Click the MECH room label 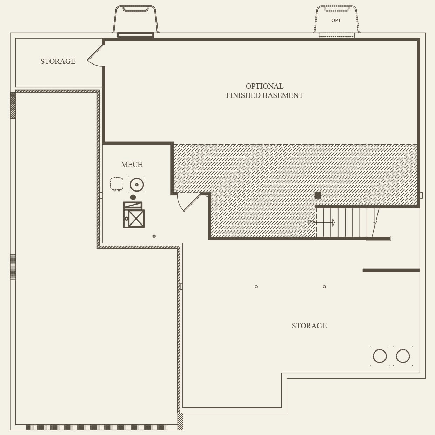pyautogui.click(x=132, y=165)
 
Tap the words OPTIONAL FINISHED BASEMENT pyautogui.click(x=265, y=91)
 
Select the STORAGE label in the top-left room pyautogui.click(x=58, y=61)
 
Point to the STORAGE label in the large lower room pyautogui.click(x=309, y=326)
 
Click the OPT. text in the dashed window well pyautogui.click(x=336, y=21)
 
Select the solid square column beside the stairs pyautogui.click(x=318, y=195)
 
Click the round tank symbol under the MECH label pyautogui.click(x=137, y=185)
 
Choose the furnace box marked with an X pyautogui.click(x=136, y=218)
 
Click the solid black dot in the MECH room pyautogui.click(x=133, y=198)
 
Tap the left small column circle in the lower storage pyautogui.click(x=256, y=287)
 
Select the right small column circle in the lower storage pyautogui.click(x=324, y=287)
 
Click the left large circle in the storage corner pyautogui.click(x=380, y=356)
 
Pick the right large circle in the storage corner pyautogui.click(x=403, y=356)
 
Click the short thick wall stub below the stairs pyautogui.click(x=391, y=270)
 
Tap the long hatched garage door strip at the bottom pyautogui.click(x=96, y=427)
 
